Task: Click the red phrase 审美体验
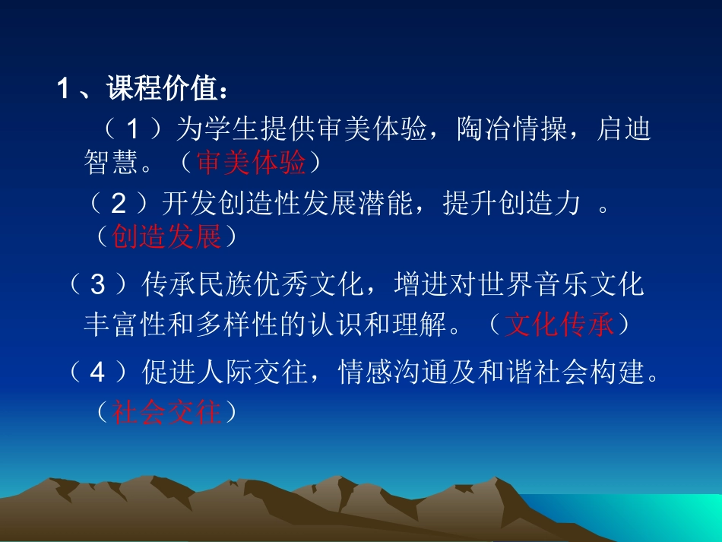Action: point(251,162)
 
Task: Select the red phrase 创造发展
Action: point(166,237)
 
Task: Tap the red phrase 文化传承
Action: point(559,325)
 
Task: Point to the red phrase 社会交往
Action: point(166,412)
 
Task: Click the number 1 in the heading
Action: point(63,90)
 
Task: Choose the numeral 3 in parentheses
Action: point(97,285)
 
